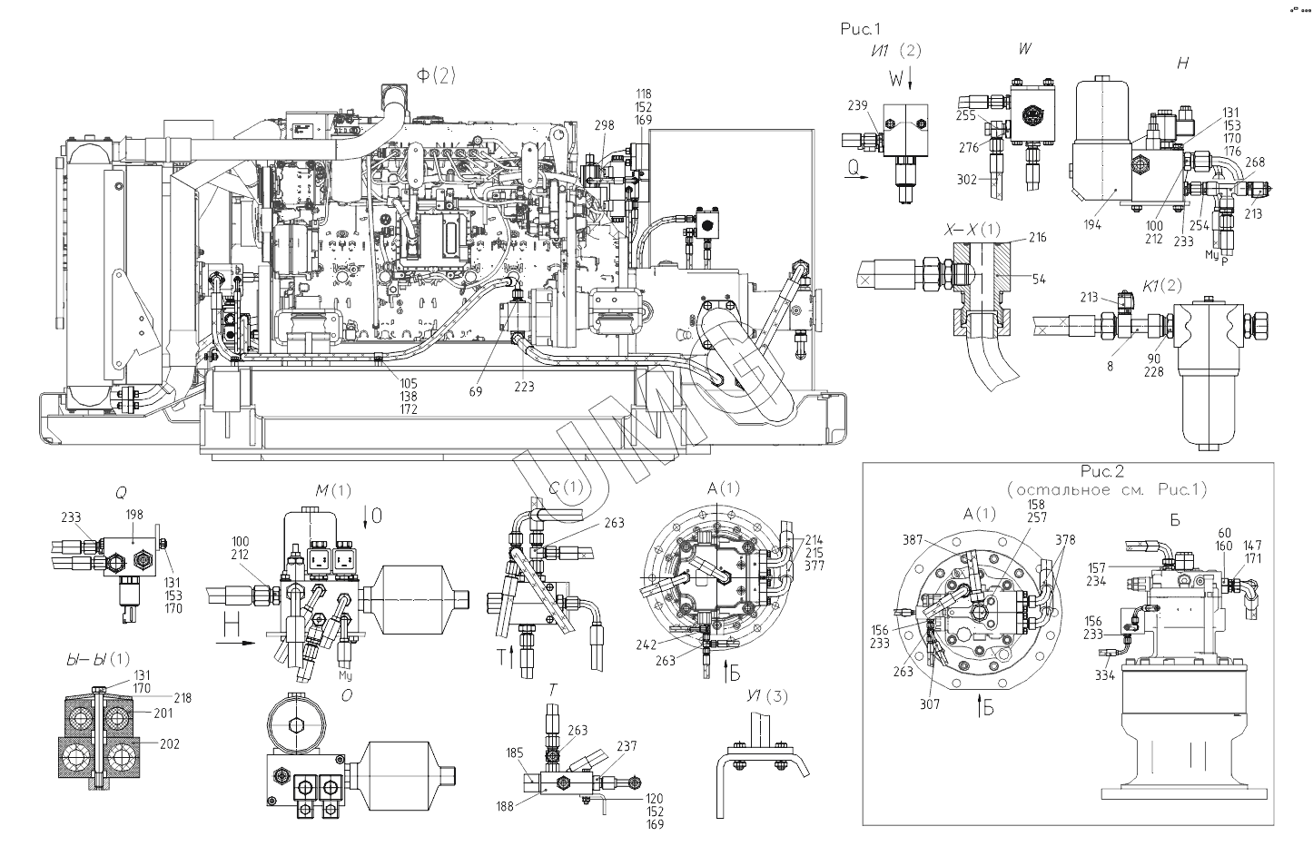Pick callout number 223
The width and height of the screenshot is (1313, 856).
tap(524, 387)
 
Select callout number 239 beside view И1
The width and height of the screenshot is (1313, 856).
tap(858, 106)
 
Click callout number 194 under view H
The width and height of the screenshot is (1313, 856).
tap(1092, 224)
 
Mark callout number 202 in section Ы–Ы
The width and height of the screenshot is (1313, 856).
tap(169, 744)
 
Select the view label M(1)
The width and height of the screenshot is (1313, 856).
tap(332, 491)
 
